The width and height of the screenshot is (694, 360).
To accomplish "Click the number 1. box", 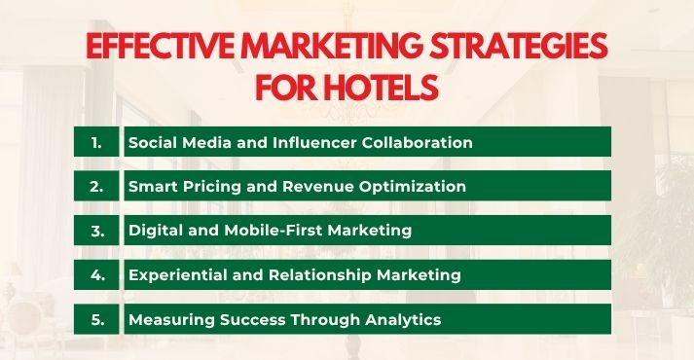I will (96, 142).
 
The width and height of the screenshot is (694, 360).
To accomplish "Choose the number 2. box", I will (96, 186).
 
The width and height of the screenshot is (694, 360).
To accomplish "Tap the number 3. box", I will (96, 231).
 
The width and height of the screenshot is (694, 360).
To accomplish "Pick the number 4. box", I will (96, 275).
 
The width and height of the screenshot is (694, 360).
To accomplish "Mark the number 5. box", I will (96, 319).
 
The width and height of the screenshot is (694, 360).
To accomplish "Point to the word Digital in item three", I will (154, 231).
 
